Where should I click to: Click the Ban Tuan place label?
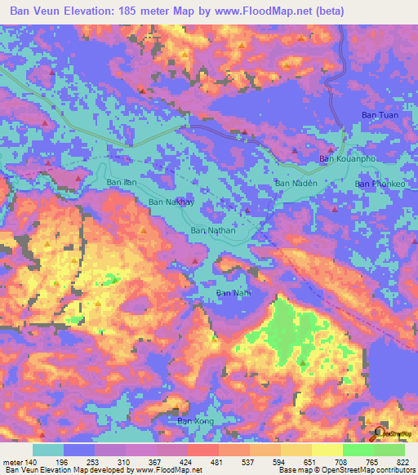pyautogui.click(x=380, y=116)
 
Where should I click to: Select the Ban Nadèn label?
pyautogui.click(x=295, y=184)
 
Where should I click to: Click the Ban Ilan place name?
pyautogui.click(x=120, y=182)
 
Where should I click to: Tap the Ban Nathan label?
pyautogui.click(x=212, y=231)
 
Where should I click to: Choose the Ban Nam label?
pyautogui.click(x=233, y=292)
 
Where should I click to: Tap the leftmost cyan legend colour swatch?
pyautogui.click(x=48, y=449)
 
